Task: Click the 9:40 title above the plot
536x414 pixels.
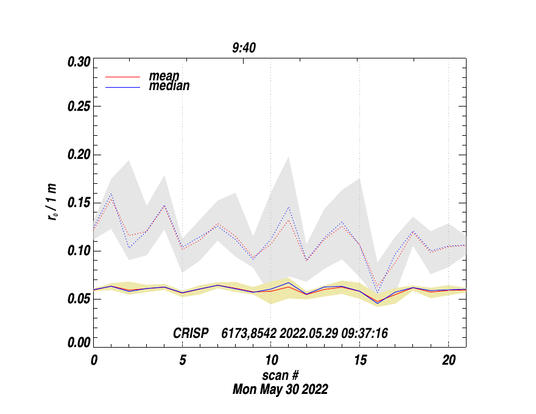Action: pos(244,48)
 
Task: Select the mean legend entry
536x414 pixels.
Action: pos(164,76)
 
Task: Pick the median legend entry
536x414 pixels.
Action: pos(169,86)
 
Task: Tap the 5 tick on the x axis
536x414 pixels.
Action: pos(182,360)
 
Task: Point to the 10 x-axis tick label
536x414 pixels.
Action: pos(270,360)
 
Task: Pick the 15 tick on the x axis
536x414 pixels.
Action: pos(359,360)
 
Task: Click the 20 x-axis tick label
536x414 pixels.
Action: pos(448,360)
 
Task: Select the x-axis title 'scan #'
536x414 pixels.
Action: pos(280,375)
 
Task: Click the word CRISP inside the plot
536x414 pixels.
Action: pos(191,333)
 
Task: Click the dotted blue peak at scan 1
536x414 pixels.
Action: pos(111,194)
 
